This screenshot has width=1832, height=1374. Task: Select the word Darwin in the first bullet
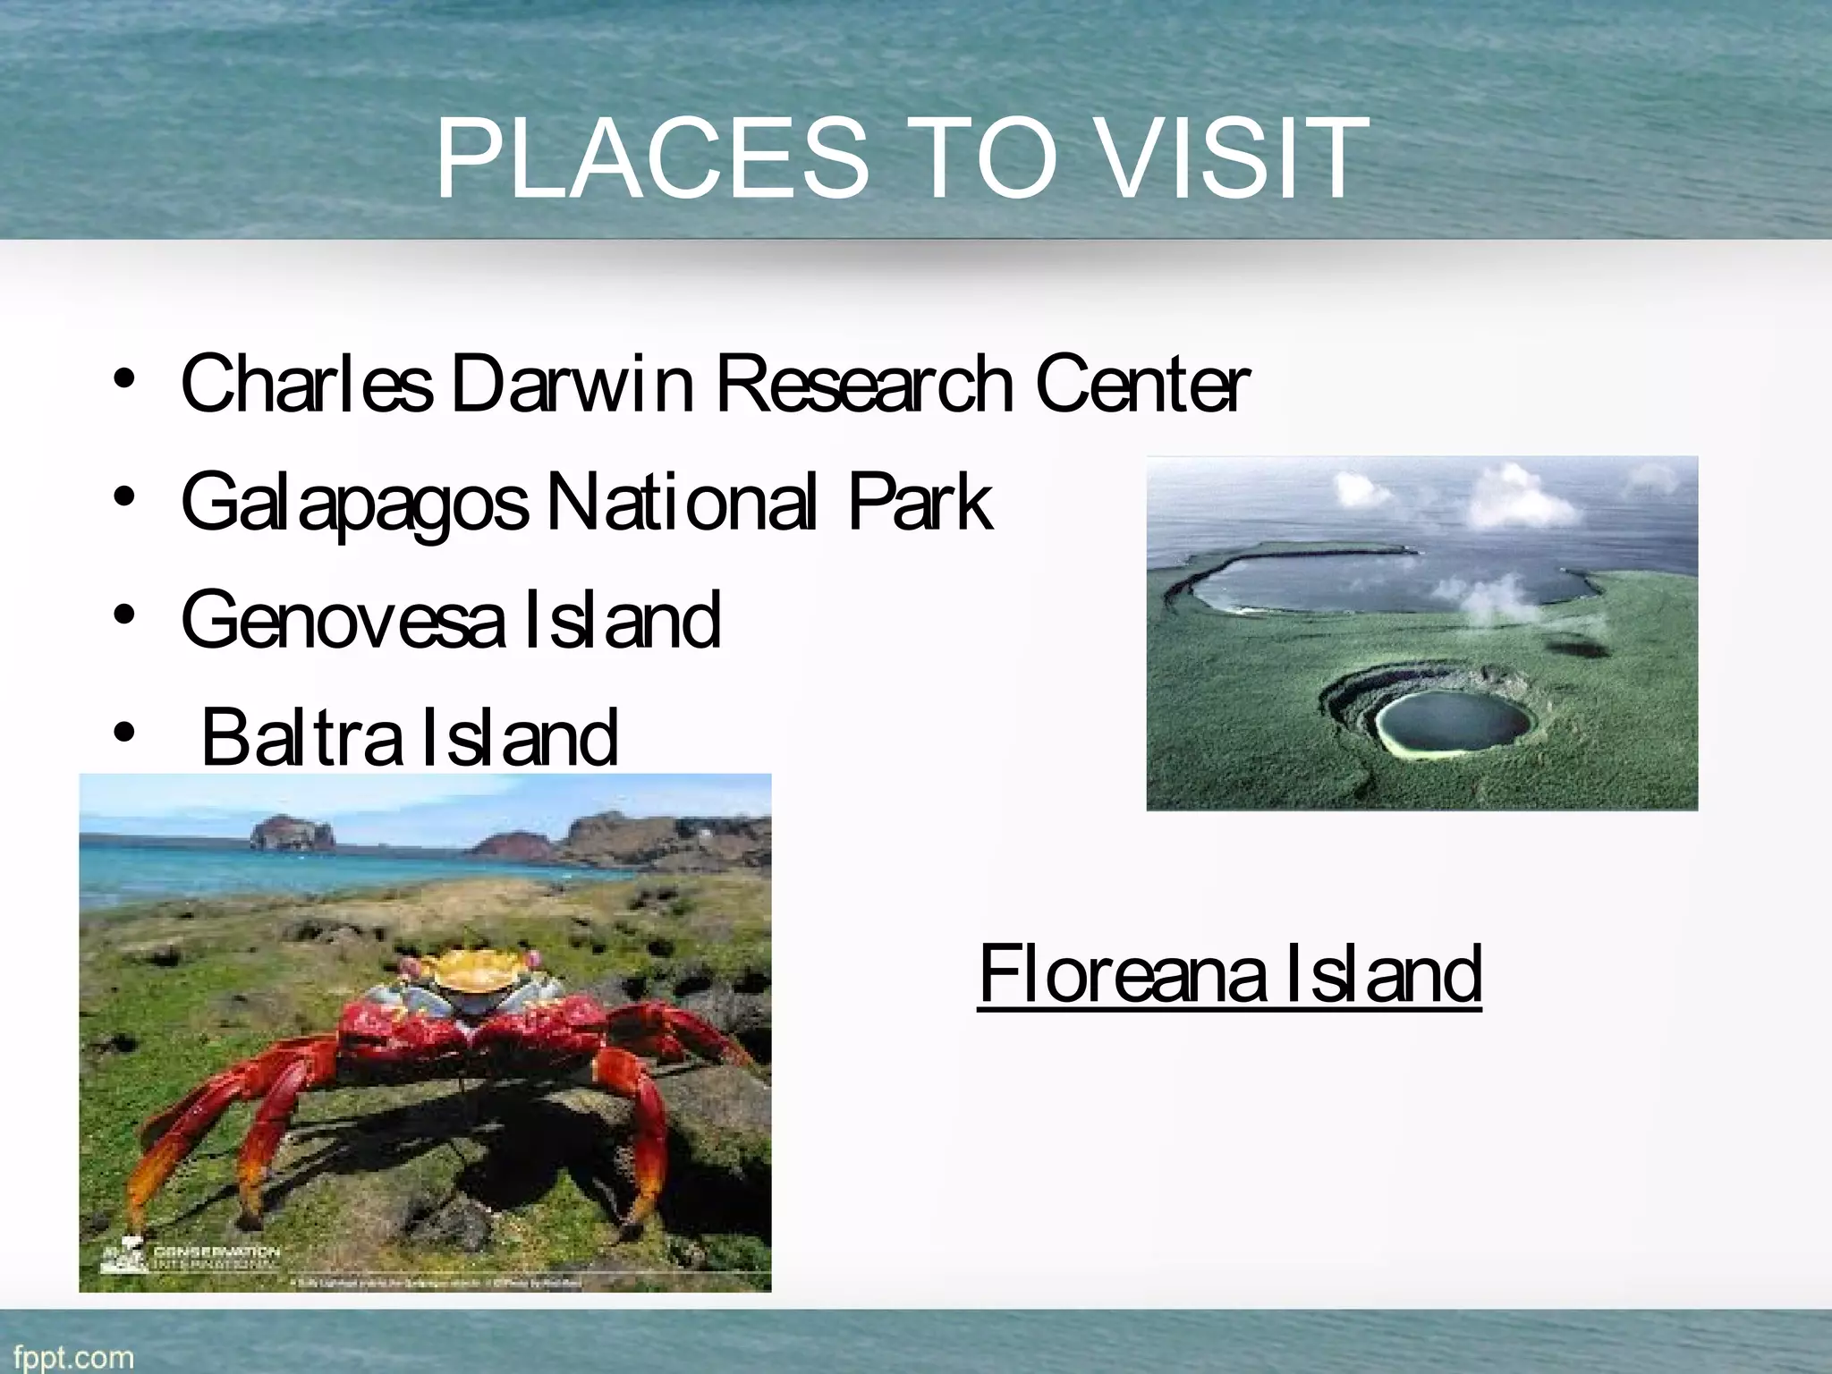pos(572,385)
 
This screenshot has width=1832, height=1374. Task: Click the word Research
pos(864,385)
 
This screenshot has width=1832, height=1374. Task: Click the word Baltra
pos(301,737)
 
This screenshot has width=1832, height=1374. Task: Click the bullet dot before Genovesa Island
pos(124,616)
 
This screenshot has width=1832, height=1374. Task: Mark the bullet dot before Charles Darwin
pos(124,379)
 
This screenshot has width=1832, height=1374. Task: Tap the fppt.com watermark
pos(68,1356)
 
